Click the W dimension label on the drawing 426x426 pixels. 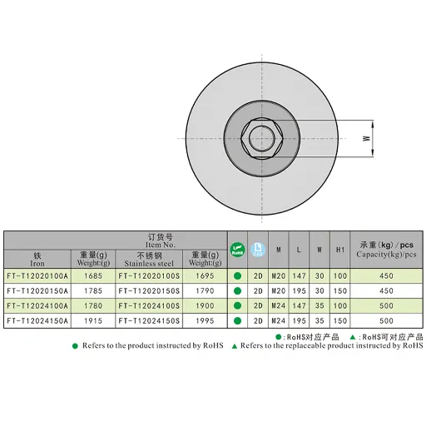[366, 138]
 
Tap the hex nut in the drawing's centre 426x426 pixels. [262, 138]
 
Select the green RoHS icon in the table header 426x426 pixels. [237, 250]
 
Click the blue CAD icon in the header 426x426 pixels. [258, 250]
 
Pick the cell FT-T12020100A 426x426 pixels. [37, 276]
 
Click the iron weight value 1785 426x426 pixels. [93, 291]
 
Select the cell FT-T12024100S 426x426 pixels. [149, 306]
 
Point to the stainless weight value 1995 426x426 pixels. [205, 321]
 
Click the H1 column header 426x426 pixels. [340, 250]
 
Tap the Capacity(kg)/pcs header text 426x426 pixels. [386, 255]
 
